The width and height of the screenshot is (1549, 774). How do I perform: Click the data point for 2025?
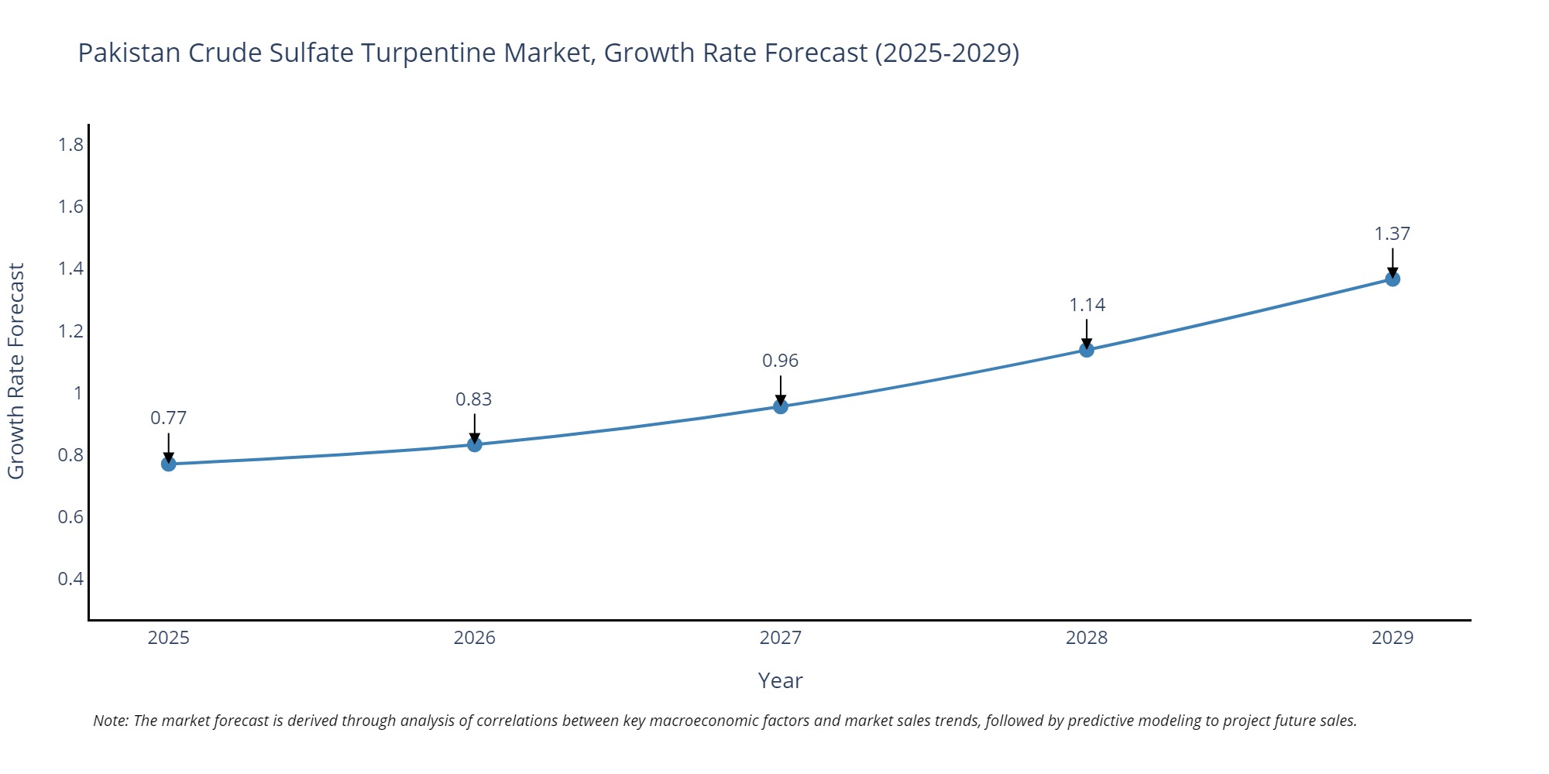(169, 464)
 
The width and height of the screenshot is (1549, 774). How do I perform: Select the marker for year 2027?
(781, 406)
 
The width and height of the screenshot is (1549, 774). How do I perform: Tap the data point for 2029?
(1393, 279)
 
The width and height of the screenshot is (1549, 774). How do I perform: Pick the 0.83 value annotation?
(473, 399)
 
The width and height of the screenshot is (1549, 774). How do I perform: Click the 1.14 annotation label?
(1087, 305)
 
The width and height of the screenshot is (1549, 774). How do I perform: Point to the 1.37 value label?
(1392, 234)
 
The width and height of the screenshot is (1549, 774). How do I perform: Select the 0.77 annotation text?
(168, 418)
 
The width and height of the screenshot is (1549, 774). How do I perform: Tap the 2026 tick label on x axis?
(474, 638)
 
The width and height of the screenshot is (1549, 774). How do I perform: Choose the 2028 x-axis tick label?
(1087, 638)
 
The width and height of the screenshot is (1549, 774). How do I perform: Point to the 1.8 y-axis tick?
(70, 145)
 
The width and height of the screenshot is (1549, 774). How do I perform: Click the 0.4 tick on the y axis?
(70, 579)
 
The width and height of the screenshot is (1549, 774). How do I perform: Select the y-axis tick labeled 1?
(77, 393)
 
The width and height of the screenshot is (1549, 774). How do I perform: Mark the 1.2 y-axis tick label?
(70, 331)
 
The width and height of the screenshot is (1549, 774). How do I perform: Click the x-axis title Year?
(780, 680)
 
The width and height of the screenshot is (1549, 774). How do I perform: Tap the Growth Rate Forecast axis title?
(16, 371)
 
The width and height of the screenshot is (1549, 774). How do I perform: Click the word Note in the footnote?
(110, 721)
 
